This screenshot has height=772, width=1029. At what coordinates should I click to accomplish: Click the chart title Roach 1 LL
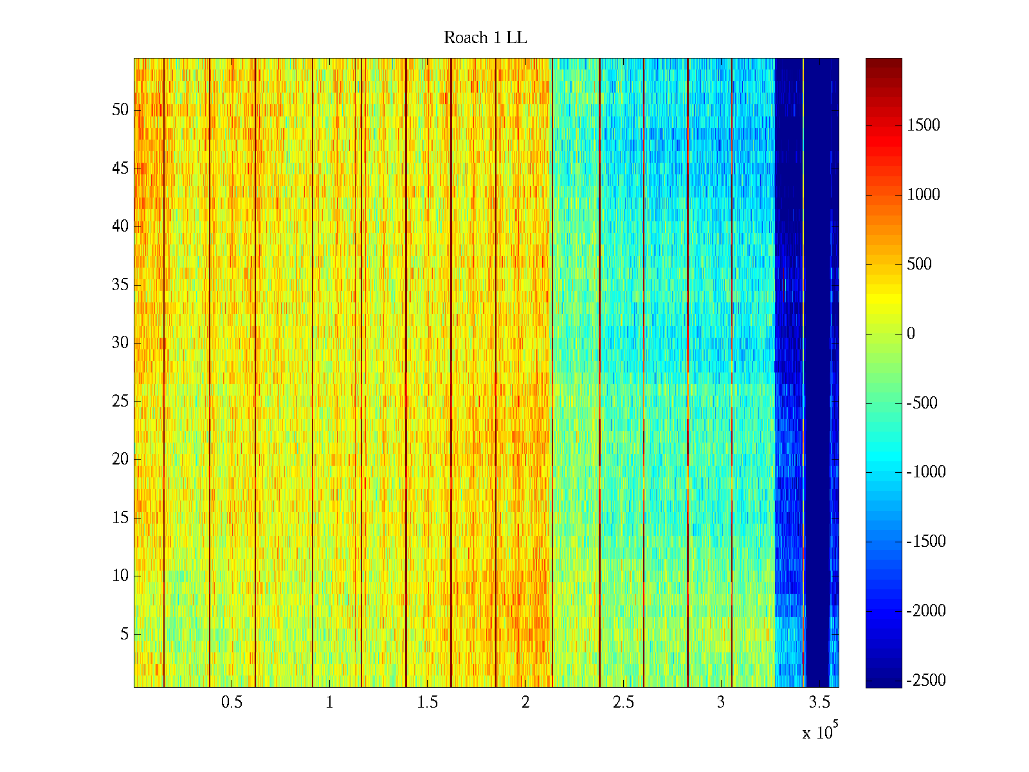pos(485,38)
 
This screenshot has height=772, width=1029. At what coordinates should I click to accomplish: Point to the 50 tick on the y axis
pos(120,110)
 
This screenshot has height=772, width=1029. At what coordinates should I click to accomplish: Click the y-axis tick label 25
pos(120,401)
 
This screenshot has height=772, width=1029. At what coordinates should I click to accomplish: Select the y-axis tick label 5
pos(124,634)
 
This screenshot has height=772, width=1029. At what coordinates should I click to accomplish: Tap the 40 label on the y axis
pos(120,226)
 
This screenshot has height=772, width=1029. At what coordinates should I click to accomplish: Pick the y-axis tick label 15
pos(120,518)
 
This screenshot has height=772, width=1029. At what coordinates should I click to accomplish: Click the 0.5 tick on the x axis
pos(232,703)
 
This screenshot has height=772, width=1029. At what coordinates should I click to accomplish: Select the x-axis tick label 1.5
pos(427,703)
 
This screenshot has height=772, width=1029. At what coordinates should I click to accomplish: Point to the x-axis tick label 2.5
pos(623,703)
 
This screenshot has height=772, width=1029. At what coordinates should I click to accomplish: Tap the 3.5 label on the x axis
pos(819,703)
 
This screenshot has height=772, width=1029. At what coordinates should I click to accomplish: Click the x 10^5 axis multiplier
pos(819,732)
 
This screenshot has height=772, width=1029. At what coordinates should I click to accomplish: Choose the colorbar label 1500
pos(924,125)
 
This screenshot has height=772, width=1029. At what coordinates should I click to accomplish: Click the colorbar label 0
pos(911,333)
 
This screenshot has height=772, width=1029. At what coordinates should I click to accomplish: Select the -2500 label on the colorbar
pos(926,680)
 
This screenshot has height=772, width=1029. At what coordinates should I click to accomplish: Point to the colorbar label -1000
pos(926,472)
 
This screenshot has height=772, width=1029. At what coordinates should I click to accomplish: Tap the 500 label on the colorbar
pos(920,264)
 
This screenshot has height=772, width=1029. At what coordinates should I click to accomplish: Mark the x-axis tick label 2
pos(525,703)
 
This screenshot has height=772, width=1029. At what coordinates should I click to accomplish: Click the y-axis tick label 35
pos(120,285)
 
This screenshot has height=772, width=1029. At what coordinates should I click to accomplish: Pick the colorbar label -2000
pos(926,611)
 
